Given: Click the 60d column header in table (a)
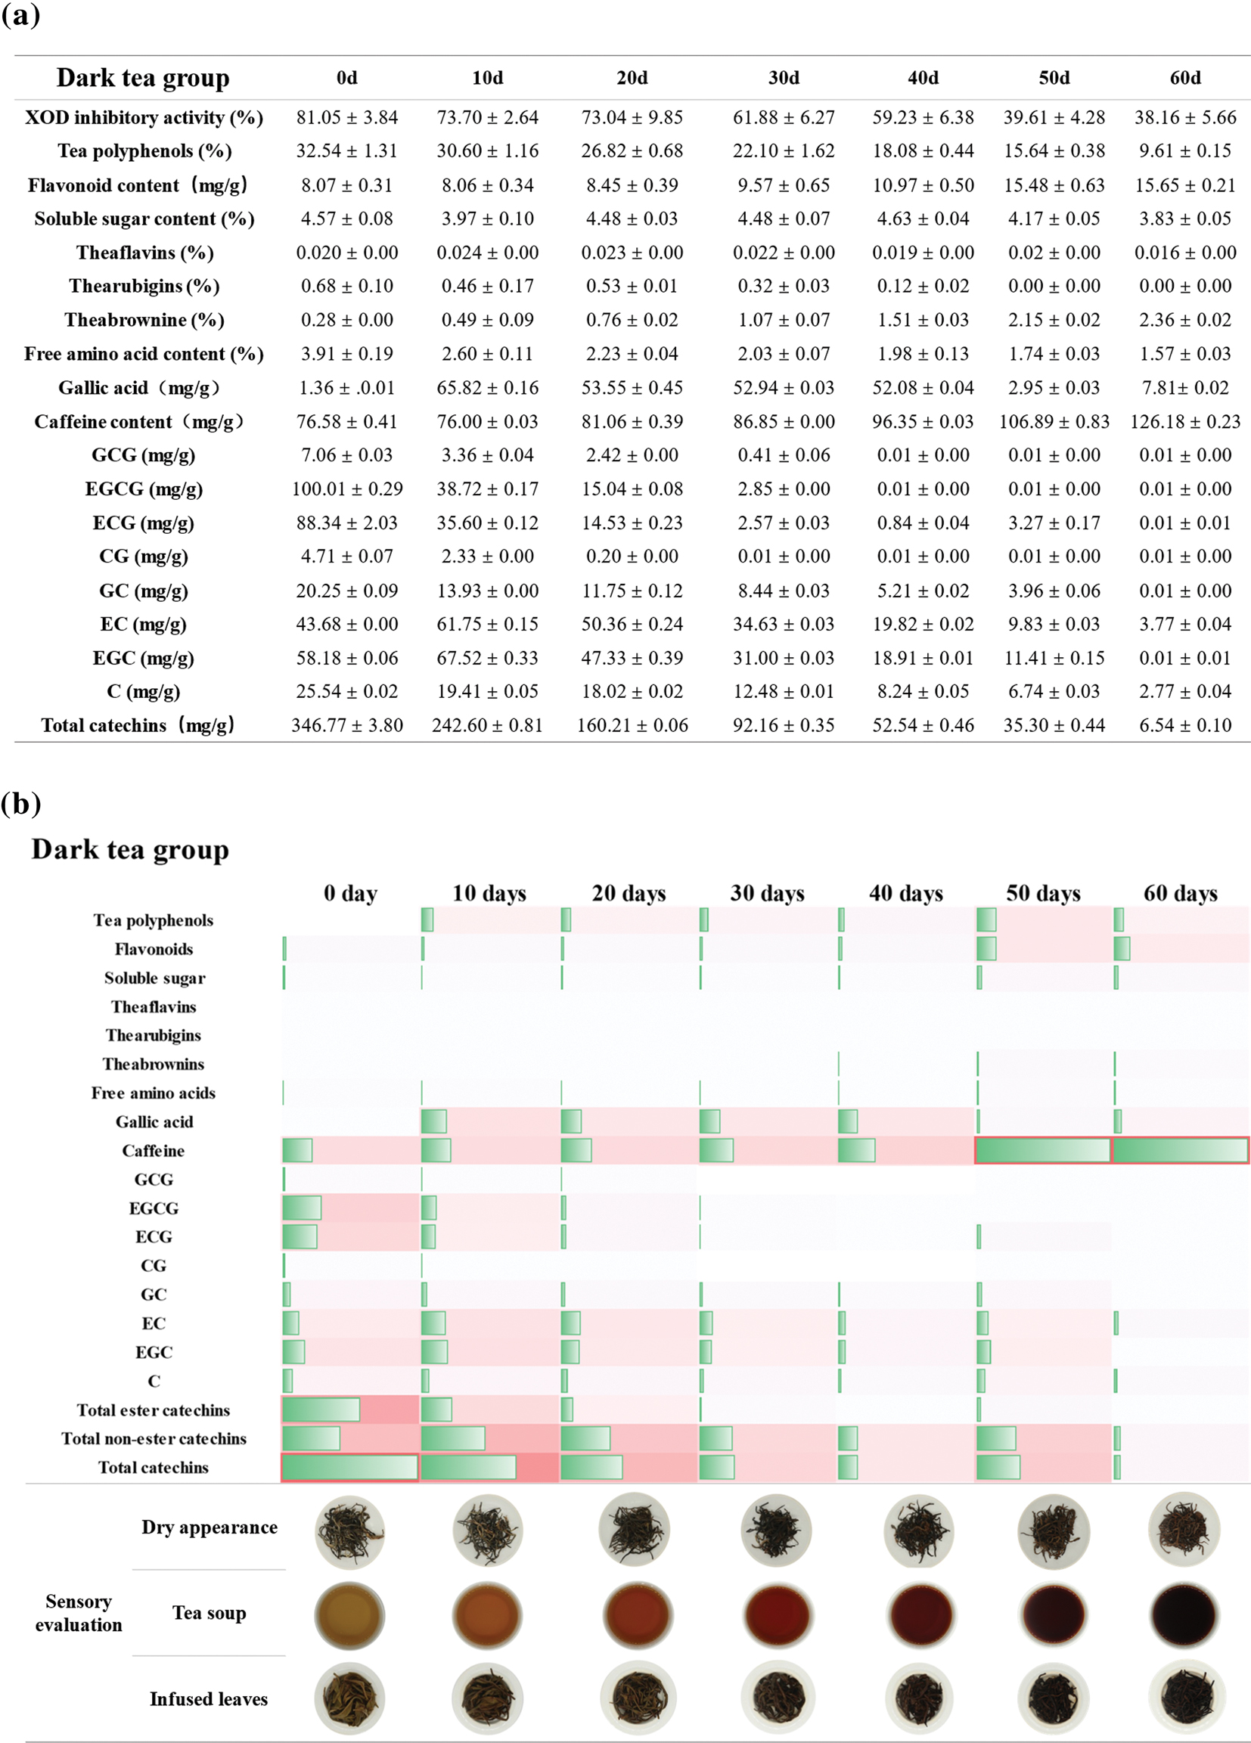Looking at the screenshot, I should pyautogui.click(x=1185, y=78).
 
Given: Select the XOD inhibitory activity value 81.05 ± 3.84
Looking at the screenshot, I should pyautogui.click(x=346, y=117).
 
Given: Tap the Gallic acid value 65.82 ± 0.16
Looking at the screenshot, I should pyautogui.click(x=488, y=387).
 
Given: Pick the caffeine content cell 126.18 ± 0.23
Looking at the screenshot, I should pyautogui.click(x=1185, y=421).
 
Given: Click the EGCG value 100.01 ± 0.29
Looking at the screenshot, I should pyautogui.click(x=346, y=488).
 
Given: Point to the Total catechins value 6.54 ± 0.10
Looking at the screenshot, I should pyautogui.click(x=1185, y=724).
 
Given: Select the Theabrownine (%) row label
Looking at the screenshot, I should pyautogui.click(x=144, y=320).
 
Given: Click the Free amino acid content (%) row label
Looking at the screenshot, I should pyautogui.click(x=144, y=354).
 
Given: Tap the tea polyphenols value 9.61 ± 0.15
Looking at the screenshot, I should pyautogui.click(x=1185, y=150).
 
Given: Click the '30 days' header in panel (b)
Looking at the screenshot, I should pyautogui.click(x=768, y=893).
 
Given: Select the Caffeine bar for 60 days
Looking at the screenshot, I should pyautogui.click(x=1180, y=1150).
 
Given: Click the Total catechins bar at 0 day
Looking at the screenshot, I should pyautogui.click(x=350, y=1467).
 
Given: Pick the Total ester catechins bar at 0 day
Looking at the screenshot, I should pyautogui.click(x=321, y=1410).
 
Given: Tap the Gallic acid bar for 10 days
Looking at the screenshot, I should pyautogui.click(x=434, y=1121).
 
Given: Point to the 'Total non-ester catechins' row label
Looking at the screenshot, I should pyautogui.click(x=154, y=1439).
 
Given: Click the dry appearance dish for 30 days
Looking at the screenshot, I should pyautogui.click(x=775, y=1530).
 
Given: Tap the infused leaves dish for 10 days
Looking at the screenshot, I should pyautogui.click(x=488, y=1698).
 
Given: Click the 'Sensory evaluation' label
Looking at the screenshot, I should pyautogui.click(x=79, y=1613).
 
